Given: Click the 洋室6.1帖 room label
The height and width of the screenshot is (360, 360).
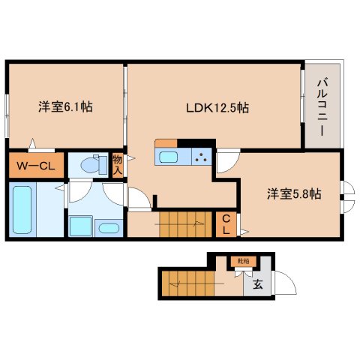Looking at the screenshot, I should click(x=66, y=107).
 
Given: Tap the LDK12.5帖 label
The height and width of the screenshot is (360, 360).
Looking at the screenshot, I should click(x=217, y=107).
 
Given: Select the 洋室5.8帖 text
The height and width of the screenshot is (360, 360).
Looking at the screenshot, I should click(x=295, y=193).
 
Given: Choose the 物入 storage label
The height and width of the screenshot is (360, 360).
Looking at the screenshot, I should click(x=118, y=164).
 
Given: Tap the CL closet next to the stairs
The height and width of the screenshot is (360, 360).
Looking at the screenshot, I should click(x=226, y=224).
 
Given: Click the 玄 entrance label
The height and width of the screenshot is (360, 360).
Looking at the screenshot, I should click(x=257, y=284).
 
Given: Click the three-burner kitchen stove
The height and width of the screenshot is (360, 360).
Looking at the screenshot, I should click(x=201, y=157).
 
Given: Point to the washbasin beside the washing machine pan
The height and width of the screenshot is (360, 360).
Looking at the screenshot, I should click(x=109, y=228).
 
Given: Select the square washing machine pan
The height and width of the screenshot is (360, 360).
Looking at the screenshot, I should click(x=81, y=226).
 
